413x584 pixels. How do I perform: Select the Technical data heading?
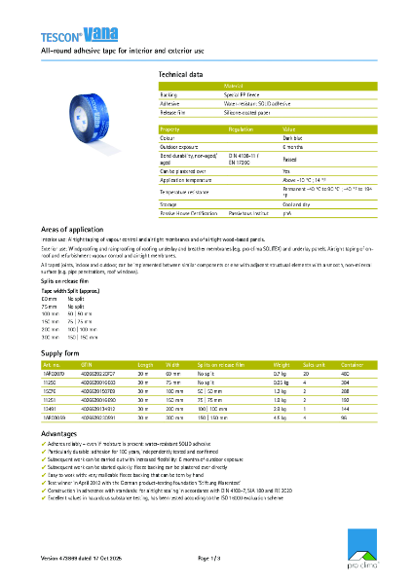point(180,74)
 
